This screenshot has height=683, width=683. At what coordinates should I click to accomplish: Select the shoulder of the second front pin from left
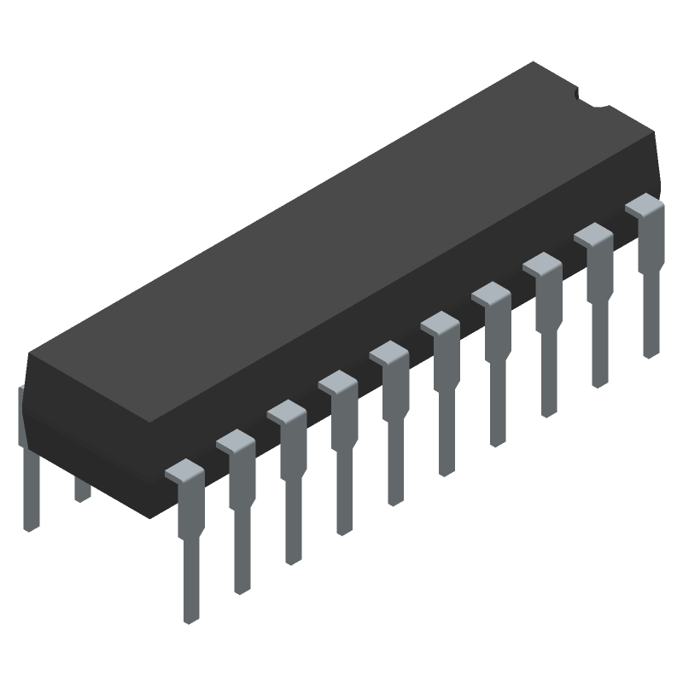pyautogui.click(x=236, y=441)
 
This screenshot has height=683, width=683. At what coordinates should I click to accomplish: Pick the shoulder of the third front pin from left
pyautogui.click(x=287, y=412)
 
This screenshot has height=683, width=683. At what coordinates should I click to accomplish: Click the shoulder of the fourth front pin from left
pyautogui.click(x=338, y=383)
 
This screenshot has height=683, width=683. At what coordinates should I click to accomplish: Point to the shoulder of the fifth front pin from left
pyautogui.click(x=388, y=353)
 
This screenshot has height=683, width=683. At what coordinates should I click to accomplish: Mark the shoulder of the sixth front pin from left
pyautogui.click(x=440, y=324)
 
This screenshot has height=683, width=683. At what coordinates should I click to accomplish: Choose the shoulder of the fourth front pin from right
pyautogui.click(x=491, y=295)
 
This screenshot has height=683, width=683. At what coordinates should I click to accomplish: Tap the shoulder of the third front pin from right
pyautogui.click(x=542, y=266)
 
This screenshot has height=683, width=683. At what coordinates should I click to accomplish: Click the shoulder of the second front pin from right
pyautogui.click(x=593, y=236)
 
